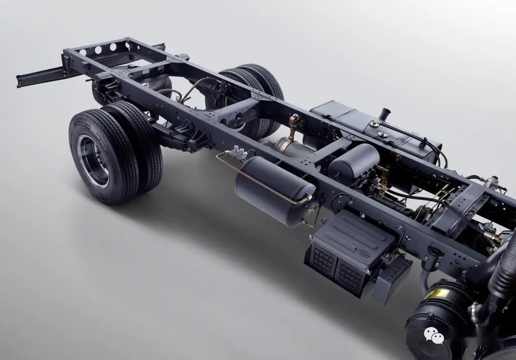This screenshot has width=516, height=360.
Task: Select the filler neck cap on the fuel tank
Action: click(384, 114)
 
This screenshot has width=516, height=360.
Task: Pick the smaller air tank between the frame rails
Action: click(354, 160)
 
